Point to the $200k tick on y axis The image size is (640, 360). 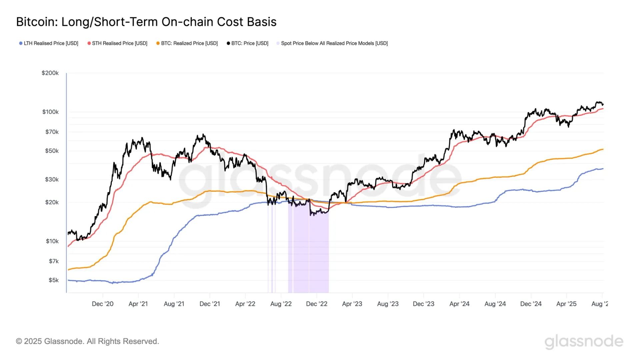click(x=50, y=73)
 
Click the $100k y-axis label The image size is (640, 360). click(x=50, y=112)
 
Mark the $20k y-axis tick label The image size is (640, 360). click(x=52, y=202)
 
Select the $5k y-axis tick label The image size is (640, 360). click(x=53, y=280)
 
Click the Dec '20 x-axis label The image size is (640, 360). click(x=102, y=304)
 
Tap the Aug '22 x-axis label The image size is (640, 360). click(x=281, y=304)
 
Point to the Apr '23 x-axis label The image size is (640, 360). click(x=352, y=304)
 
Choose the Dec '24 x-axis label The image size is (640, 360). click(x=531, y=304)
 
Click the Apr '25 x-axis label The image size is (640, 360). click(x=566, y=304)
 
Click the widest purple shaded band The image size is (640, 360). click(x=319, y=253)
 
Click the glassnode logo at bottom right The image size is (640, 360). click(x=584, y=341)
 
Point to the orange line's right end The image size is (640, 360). click(x=603, y=149)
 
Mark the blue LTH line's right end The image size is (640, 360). click(x=603, y=169)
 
